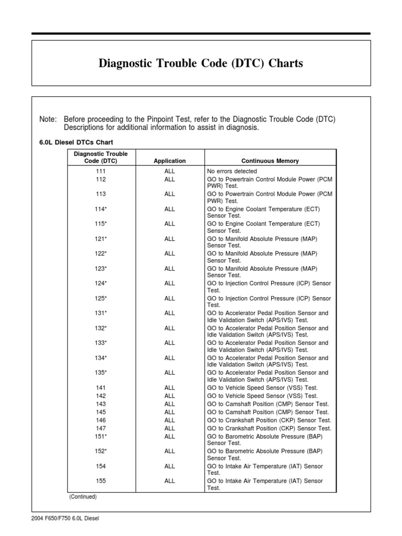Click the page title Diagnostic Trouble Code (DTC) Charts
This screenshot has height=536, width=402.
click(x=201, y=63)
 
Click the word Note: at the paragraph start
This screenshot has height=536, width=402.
click(x=48, y=119)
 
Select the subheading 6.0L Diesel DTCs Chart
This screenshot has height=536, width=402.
click(x=76, y=142)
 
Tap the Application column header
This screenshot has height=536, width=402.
click(x=170, y=161)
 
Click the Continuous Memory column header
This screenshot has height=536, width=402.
click(x=270, y=161)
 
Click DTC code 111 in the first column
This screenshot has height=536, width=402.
click(x=101, y=171)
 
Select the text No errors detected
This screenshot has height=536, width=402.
click(x=232, y=171)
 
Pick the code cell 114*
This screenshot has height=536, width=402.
click(x=101, y=209)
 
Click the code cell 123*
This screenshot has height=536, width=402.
click(x=101, y=269)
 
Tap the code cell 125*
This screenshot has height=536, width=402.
click(x=101, y=298)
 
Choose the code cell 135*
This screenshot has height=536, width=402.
click(x=101, y=373)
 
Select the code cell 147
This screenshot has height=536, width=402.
click(x=101, y=428)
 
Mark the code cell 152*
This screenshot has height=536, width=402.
click(x=101, y=451)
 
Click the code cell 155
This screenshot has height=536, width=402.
click(x=101, y=481)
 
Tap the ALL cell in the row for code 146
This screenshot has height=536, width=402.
click(x=170, y=420)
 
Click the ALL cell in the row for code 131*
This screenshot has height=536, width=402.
click(x=170, y=313)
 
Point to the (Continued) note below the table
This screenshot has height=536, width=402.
click(x=83, y=497)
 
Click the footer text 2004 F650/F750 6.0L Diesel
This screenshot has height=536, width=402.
click(x=65, y=519)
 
